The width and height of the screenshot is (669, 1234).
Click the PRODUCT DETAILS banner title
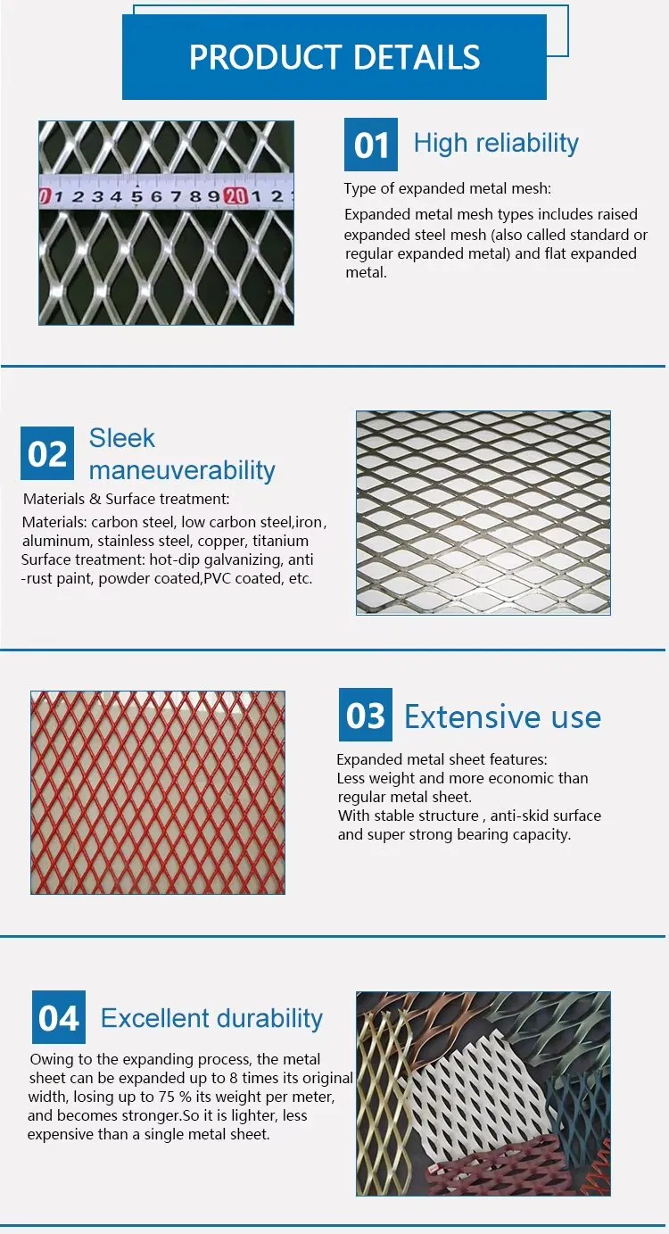(334, 57)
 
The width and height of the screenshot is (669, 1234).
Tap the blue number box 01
(371, 145)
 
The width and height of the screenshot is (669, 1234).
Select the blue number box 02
(47, 453)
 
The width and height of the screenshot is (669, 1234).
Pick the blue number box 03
(365, 716)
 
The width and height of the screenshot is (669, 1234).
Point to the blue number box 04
(59, 1017)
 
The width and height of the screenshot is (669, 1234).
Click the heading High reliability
(496, 143)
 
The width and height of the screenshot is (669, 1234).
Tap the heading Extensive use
(502, 716)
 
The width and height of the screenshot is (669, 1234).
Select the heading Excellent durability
(211, 1018)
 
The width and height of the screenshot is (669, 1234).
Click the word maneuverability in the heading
(182, 470)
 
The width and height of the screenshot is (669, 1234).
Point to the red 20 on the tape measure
(235, 196)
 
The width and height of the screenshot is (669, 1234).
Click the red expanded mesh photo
(158, 792)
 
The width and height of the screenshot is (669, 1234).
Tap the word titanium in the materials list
(280, 541)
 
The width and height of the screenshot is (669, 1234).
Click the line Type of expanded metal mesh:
(448, 188)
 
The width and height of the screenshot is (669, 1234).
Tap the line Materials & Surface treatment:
(126, 500)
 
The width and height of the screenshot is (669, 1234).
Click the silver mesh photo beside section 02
(483, 512)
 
